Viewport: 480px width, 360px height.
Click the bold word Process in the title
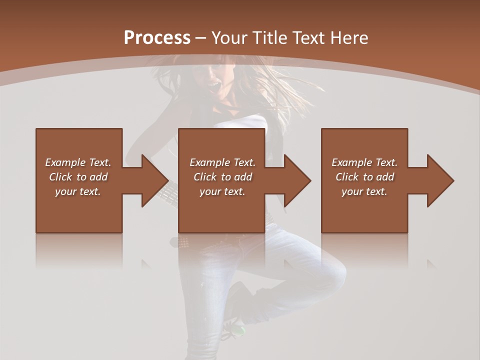157,38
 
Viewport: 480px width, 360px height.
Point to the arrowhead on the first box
152,180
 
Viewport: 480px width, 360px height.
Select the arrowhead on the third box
438,180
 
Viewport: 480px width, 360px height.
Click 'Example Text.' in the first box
78,162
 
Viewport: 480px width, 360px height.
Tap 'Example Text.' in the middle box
222,162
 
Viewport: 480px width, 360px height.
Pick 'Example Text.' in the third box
364,162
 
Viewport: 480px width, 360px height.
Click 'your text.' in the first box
78,191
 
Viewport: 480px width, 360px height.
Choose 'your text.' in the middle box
222,191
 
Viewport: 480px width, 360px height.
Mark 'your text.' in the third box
364,191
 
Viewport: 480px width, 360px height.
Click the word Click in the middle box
204,177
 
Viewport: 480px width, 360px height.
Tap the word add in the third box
384,177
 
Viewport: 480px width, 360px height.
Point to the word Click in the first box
60,177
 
